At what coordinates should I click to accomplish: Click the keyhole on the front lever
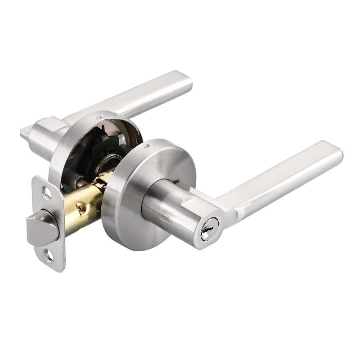click(209, 234)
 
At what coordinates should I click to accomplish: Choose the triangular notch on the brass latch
click(81, 207)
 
